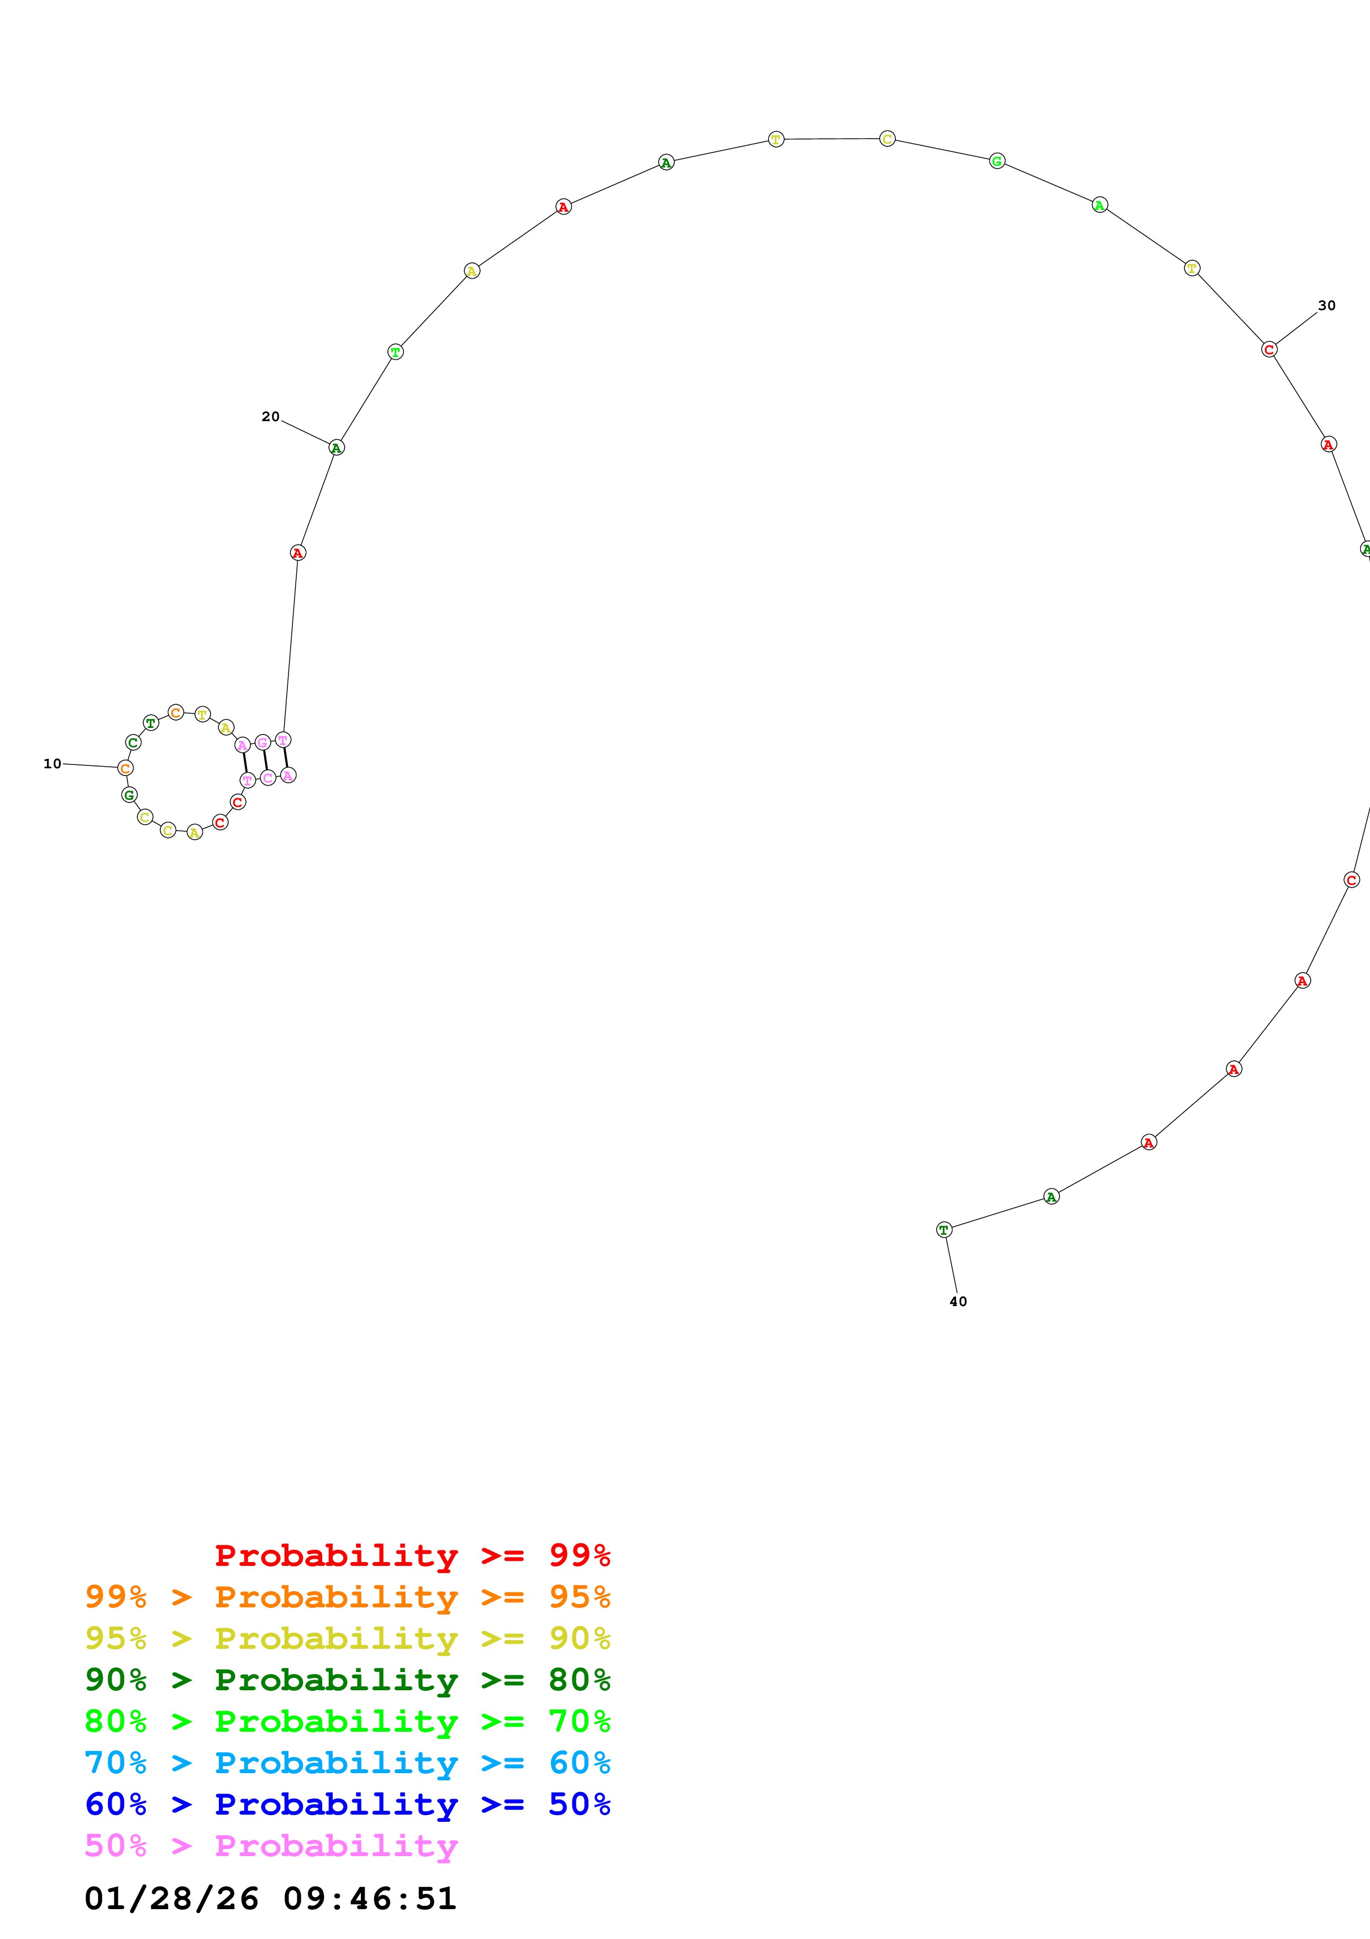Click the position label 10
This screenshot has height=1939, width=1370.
click(53, 763)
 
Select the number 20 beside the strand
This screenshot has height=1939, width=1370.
click(270, 416)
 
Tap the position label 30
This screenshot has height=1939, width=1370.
click(1326, 306)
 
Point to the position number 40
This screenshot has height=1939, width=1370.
click(958, 1301)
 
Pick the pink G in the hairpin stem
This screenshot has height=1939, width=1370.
click(263, 742)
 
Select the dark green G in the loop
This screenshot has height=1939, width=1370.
click(129, 795)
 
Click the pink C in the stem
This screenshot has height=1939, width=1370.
click(267, 778)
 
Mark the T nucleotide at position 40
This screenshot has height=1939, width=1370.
click(944, 1230)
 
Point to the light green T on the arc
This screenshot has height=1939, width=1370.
click(395, 352)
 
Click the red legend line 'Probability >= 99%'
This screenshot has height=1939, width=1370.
click(412, 1555)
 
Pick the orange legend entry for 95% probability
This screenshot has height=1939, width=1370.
click(347, 1597)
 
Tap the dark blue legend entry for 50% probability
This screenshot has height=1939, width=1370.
click(347, 1804)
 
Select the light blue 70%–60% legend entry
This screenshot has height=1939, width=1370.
click(347, 1763)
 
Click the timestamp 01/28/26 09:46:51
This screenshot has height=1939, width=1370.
click(270, 1899)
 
